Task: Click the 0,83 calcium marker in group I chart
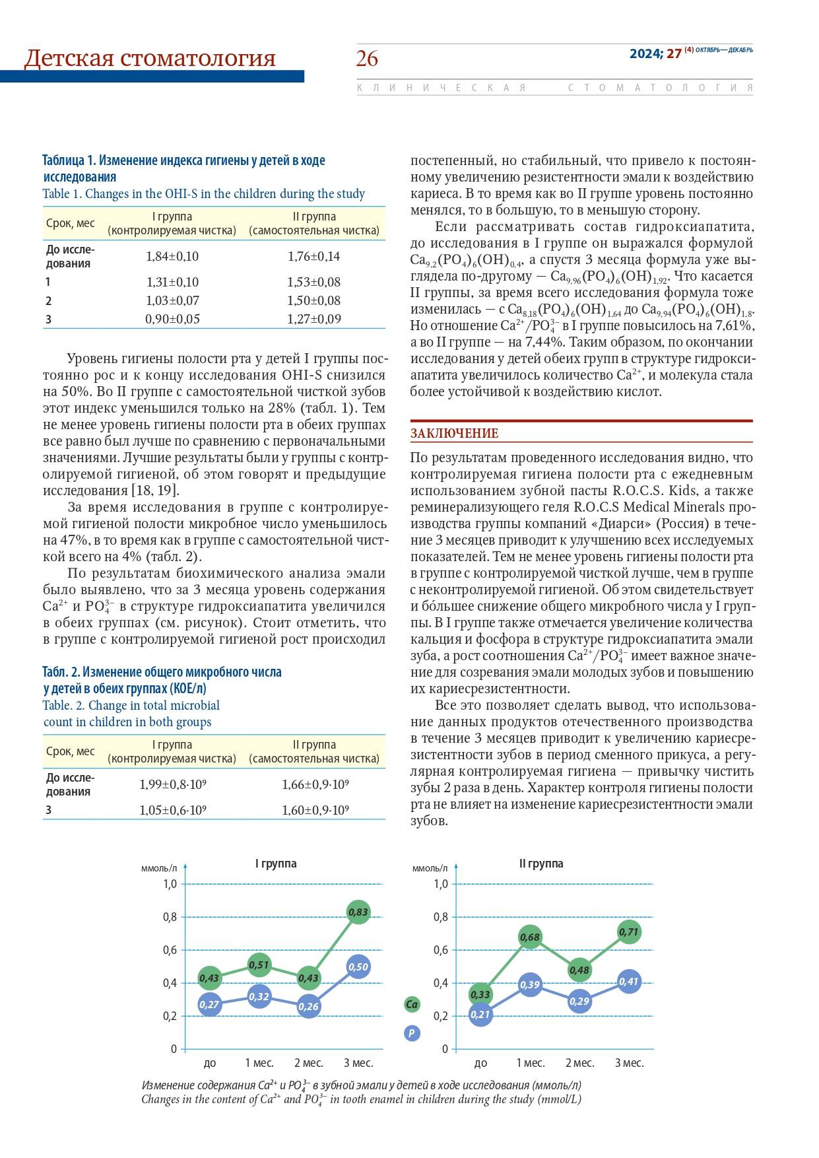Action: (x=358, y=912)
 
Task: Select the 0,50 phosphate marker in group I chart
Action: (x=358, y=967)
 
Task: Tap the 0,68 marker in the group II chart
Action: (x=530, y=937)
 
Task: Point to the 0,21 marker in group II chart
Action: (x=480, y=1014)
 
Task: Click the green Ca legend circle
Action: (x=412, y=1005)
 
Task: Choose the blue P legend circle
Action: (x=412, y=1033)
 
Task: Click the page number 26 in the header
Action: (x=367, y=59)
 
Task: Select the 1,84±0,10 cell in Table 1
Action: (x=172, y=256)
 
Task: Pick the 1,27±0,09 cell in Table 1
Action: (x=313, y=319)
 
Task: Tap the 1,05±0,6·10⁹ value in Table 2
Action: (x=172, y=810)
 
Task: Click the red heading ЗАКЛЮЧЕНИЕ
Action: (x=455, y=433)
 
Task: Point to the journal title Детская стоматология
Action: (x=150, y=59)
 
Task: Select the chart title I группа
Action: (x=276, y=864)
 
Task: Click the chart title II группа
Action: (x=541, y=864)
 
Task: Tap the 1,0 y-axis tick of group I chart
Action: (x=170, y=884)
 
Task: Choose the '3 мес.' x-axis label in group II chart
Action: (x=629, y=1063)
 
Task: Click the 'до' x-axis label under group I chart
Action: (x=210, y=1063)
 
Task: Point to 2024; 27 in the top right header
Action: (x=655, y=54)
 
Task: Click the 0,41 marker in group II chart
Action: (x=629, y=982)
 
